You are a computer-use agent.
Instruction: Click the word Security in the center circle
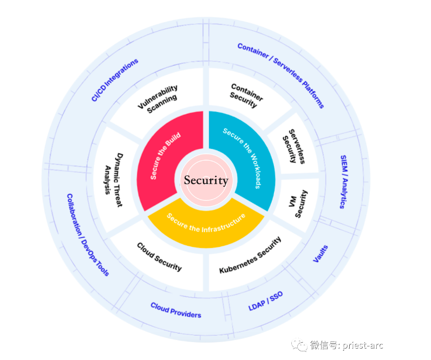tap(206, 180)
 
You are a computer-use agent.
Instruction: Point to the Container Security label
tap(246, 95)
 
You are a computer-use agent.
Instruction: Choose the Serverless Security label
tap(294, 147)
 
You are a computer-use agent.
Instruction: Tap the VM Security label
tap(298, 204)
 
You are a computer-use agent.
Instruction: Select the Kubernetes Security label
tap(250, 256)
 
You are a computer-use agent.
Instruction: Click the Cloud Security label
tap(159, 257)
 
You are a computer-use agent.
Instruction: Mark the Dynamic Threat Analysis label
tap(114, 180)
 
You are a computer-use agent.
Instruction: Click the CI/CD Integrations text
tap(115, 80)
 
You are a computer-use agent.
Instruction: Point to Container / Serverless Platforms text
tap(281, 75)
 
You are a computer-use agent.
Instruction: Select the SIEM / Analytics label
tap(344, 182)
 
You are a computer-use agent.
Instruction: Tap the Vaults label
tap(321, 254)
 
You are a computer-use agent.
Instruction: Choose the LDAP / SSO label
tap(265, 301)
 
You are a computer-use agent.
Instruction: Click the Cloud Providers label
tap(176, 310)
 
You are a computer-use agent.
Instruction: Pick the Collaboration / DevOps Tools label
tap(88, 235)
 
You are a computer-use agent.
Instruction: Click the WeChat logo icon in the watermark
tap(299, 345)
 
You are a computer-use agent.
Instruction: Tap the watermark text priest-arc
tap(363, 345)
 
